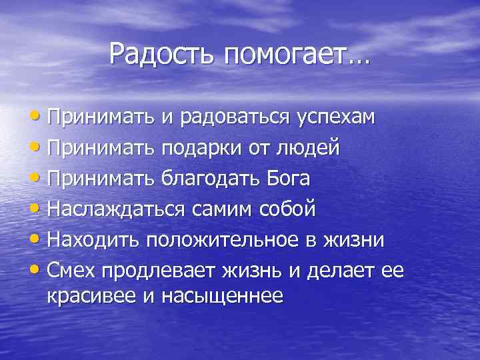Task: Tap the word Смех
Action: [71, 271]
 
